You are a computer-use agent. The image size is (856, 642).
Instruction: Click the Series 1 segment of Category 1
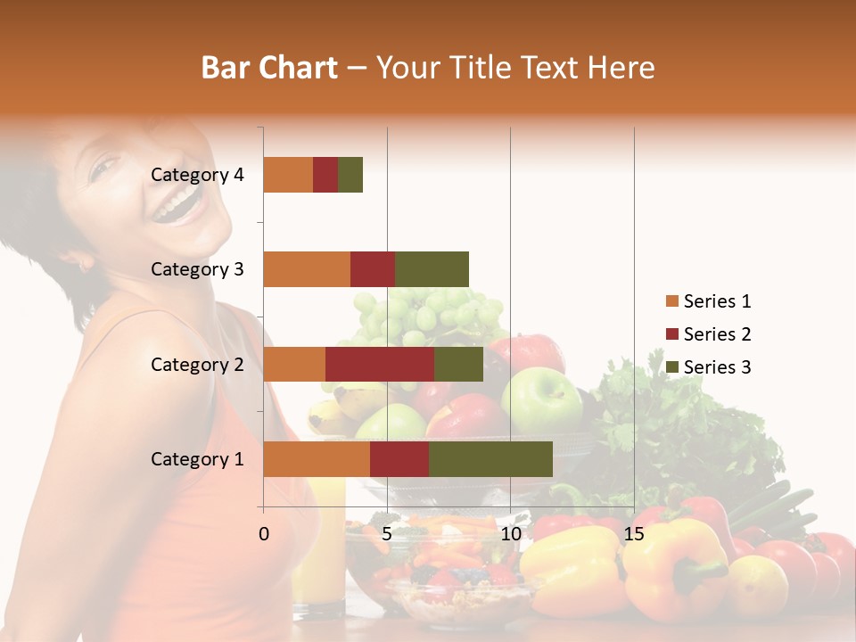click(x=317, y=459)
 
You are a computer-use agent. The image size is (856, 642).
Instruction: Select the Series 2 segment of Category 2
click(x=380, y=364)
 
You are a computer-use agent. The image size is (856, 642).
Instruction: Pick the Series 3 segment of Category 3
click(x=432, y=269)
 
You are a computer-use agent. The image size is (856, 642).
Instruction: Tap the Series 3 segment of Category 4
click(x=350, y=175)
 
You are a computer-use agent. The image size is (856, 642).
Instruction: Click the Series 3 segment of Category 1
click(x=490, y=459)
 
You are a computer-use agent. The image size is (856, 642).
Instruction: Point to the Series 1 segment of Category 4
click(x=288, y=175)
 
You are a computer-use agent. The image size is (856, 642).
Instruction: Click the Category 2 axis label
click(x=197, y=364)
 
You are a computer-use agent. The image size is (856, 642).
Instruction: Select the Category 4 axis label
click(x=197, y=175)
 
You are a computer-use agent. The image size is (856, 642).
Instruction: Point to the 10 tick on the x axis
click(x=511, y=533)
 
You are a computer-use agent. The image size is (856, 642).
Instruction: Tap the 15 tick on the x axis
click(x=634, y=533)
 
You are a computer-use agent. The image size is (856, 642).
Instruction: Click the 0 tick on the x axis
click(x=264, y=533)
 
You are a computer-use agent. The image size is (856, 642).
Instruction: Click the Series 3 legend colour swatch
click(x=671, y=367)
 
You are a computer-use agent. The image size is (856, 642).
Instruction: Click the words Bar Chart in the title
click(x=269, y=67)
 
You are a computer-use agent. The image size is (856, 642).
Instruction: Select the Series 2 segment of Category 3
click(x=373, y=269)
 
